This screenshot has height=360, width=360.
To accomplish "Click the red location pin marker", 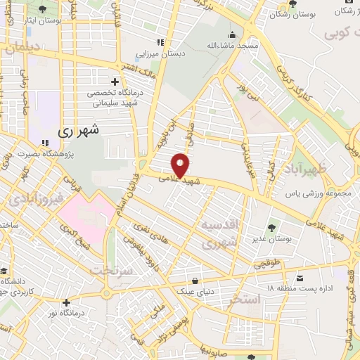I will tap(181, 166).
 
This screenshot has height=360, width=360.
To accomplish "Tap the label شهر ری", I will tap(78, 131).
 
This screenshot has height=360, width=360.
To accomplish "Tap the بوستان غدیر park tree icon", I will tap(271, 227).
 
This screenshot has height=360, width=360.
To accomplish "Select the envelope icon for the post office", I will tap(300, 278).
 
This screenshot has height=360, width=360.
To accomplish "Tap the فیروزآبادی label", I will tap(34, 199).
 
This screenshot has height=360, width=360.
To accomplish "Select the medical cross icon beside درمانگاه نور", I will tap(65, 302).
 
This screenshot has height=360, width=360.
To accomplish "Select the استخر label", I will tap(244, 300).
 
